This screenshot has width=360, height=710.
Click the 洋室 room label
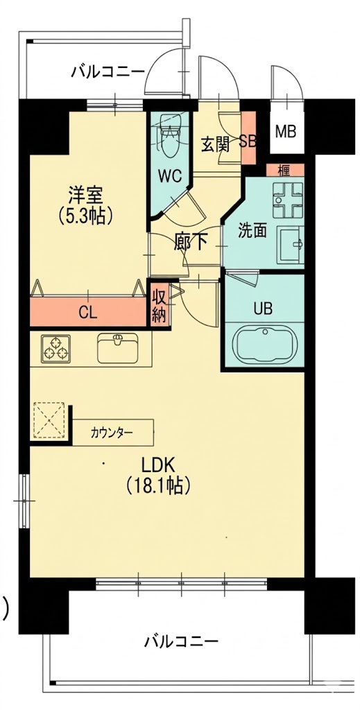(x=86, y=195)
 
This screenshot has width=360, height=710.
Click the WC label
(x=170, y=175)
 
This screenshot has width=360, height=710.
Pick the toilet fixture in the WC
(x=169, y=135)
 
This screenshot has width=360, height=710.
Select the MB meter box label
(x=286, y=132)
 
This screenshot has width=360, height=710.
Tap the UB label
(x=263, y=309)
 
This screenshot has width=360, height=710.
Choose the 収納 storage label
(x=159, y=307)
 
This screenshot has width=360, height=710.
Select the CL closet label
(x=88, y=313)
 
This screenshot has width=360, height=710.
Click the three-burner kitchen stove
(x=55, y=349)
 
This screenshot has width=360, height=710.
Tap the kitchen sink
(x=118, y=348)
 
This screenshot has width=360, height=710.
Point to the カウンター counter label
(x=112, y=433)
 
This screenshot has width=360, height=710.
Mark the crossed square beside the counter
(x=49, y=419)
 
